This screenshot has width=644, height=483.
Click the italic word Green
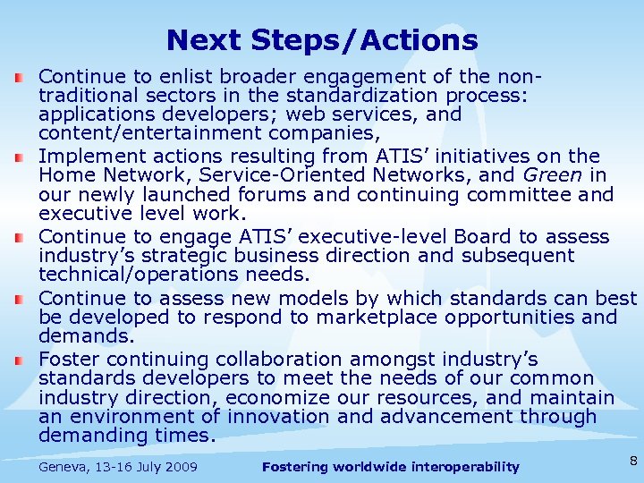(560, 175)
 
